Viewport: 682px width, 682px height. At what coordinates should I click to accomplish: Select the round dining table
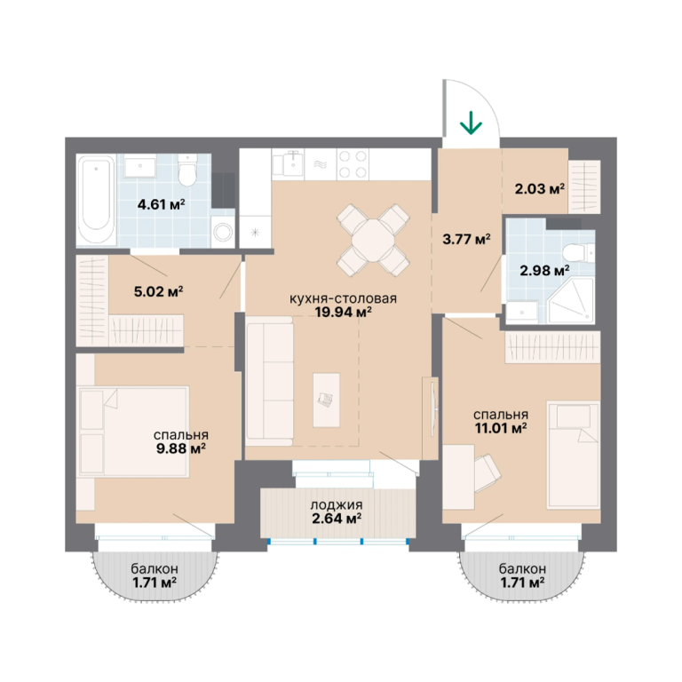[x=373, y=240]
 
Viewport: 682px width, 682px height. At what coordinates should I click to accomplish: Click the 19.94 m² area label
[x=344, y=312]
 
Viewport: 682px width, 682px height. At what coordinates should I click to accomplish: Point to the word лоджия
[x=337, y=505]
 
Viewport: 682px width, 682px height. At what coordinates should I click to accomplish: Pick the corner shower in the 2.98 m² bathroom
[x=571, y=300]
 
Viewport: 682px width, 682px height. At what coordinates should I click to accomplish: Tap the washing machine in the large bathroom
[x=223, y=233]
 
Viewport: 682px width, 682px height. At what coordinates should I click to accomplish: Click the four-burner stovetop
[x=353, y=164]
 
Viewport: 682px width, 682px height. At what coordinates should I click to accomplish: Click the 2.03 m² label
[x=540, y=189]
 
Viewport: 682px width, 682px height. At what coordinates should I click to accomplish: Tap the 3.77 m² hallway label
[x=467, y=239]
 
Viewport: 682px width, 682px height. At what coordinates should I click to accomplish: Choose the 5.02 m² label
[x=158, y=291]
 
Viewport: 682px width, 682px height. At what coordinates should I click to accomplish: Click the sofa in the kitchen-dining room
[x=269, y=381]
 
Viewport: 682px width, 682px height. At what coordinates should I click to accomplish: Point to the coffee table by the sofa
[x=326, y=400]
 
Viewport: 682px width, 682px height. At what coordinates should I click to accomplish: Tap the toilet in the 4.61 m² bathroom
[x=187, y=170]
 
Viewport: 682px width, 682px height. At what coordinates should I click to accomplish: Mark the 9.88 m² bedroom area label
[x=181, y=448]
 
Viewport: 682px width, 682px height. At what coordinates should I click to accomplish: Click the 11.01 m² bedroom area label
[x=501, y=428]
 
